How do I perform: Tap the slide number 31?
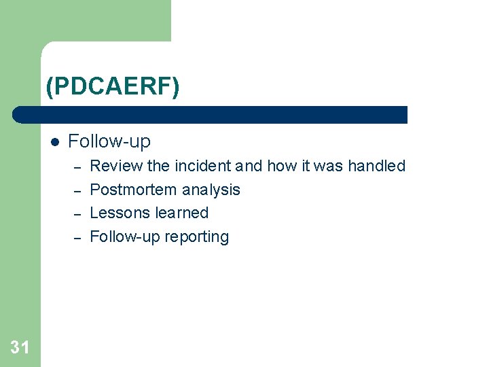click(20, 348)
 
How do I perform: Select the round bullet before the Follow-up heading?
click(54, 142)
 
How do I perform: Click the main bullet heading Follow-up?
click(109, 141)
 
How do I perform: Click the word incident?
click(203, 166)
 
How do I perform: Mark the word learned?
click(181, 213)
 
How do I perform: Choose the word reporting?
click(199, 237)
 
